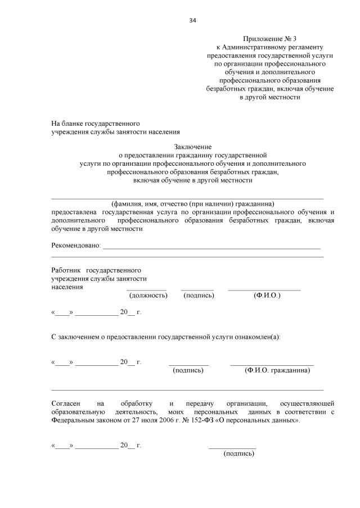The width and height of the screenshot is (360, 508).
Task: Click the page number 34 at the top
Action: point(192,20)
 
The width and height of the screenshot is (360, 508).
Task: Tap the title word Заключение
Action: point(192,146)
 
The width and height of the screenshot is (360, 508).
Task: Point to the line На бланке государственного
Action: point(96,123)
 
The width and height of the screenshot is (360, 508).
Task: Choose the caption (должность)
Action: point(148,295)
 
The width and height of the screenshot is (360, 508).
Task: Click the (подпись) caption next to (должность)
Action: point(199,295)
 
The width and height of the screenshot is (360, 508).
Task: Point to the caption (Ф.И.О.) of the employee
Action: point(267,295)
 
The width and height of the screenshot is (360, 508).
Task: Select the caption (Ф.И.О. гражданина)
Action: point(277,371)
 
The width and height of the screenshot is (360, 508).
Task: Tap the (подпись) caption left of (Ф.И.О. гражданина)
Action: point(188,371)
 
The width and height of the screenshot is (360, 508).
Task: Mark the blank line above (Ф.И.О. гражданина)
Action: point(272,365)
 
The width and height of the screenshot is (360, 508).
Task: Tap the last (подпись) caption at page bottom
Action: point(239,453)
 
